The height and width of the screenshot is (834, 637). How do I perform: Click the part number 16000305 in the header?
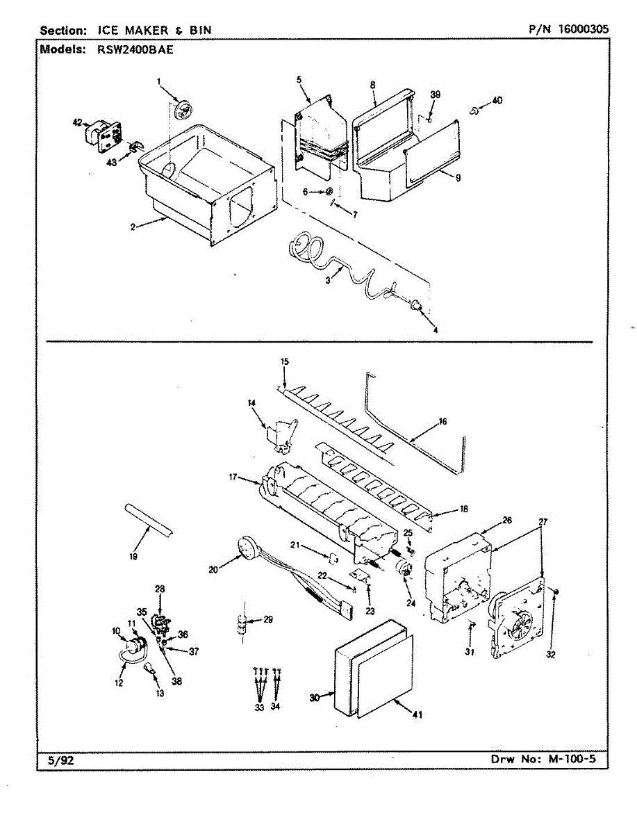(x=583, y=29)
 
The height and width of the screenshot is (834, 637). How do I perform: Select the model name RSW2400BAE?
(x=135, y=50)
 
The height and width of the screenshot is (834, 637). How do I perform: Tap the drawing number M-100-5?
(x=572, y=769)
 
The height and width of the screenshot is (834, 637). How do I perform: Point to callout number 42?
(x=77, y=122)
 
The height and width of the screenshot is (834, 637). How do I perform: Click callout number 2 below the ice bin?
(x=133, y=227)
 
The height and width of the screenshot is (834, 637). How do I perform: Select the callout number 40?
(x=497, y=100)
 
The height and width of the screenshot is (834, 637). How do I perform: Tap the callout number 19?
(x=133, y=557)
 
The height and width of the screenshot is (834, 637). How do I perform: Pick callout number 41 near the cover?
(x=417, y=714)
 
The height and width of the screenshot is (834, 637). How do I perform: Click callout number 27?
(x=543, y=522)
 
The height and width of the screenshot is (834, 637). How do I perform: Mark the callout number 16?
(x=442, y=421)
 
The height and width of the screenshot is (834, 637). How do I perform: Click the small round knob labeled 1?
(x=183, y=109)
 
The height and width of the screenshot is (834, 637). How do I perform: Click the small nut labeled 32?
(x=556, y=591)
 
